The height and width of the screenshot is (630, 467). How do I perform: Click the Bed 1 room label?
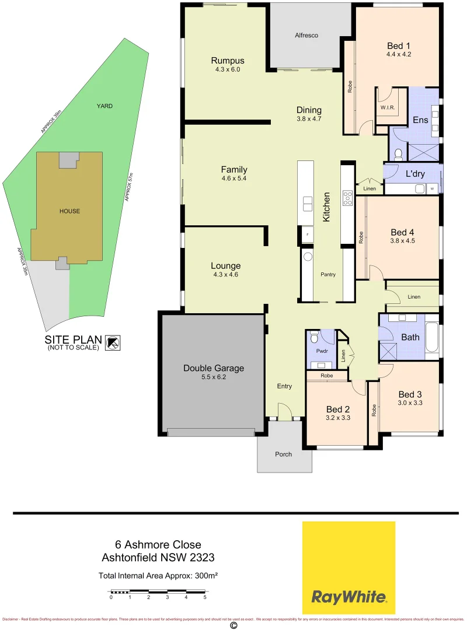click(399, 45)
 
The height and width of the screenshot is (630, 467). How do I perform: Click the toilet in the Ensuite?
click(399, 154)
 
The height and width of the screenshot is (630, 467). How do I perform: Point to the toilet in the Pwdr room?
click(314, 337)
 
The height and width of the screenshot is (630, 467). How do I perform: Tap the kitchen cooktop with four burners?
click(347, 198)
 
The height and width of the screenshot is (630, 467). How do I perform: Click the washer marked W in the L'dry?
click(432, 188)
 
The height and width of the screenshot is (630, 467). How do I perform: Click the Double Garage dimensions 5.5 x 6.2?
click(214, 377)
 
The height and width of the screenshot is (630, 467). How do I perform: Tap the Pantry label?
click(328, 274)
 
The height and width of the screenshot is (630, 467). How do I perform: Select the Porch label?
click(284, 454)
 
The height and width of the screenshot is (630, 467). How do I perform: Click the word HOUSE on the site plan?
click(69, 211)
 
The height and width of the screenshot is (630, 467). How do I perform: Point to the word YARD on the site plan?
click(104, 106)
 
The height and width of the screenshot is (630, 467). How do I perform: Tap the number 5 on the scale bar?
click(205, 597)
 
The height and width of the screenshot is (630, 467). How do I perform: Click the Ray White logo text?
click(348, 596)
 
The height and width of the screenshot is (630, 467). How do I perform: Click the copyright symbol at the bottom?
click(233, 625)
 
